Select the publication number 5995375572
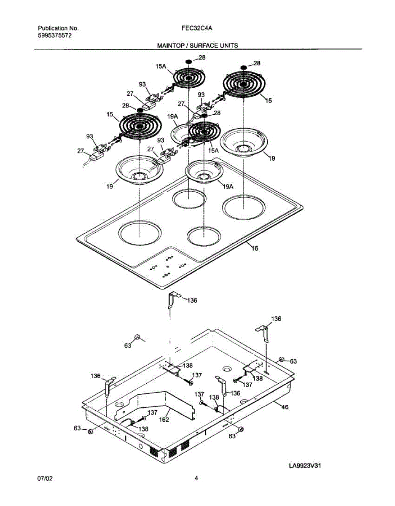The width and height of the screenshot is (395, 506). pos(54,36)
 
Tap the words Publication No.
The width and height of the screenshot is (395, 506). pos(58,28)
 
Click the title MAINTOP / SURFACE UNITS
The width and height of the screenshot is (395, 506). pos(197,45)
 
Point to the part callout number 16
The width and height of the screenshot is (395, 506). pos(254,248)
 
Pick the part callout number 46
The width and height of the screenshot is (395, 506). pos(285,408)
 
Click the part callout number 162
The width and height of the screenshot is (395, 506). pos(164,420)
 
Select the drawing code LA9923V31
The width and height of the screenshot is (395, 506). pos(308,466)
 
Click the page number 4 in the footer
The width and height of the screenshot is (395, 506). pos(196,478)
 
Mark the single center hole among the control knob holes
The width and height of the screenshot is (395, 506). pos(168,266)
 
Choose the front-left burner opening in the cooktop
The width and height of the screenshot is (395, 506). pos(140,233)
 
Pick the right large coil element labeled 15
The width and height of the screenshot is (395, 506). pos(244,84)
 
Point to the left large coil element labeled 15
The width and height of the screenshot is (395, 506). pos(139,126)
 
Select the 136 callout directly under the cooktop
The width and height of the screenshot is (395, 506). pos(192,301)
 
